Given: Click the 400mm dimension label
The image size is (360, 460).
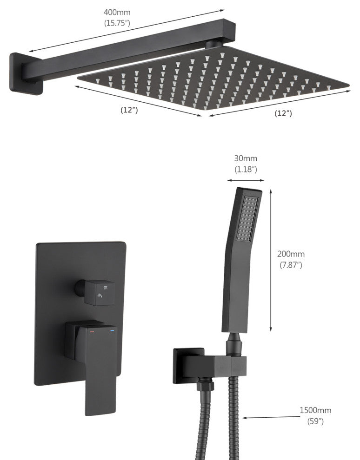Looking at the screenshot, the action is coord(117,13).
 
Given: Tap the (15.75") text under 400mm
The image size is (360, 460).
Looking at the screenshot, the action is coord(117,23).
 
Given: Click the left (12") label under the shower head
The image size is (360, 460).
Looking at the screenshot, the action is coord(129,110).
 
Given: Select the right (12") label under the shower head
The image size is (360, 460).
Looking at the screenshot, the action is coord(283,113).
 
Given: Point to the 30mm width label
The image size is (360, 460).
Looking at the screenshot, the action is coord(246,158).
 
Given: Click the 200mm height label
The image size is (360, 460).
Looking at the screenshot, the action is coord(291,254).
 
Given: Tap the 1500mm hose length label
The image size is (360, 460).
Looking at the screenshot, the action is coord(315,410).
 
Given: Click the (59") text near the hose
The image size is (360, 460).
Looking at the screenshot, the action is coord(315,421).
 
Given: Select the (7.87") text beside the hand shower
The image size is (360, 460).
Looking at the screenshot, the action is coord(291,265).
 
